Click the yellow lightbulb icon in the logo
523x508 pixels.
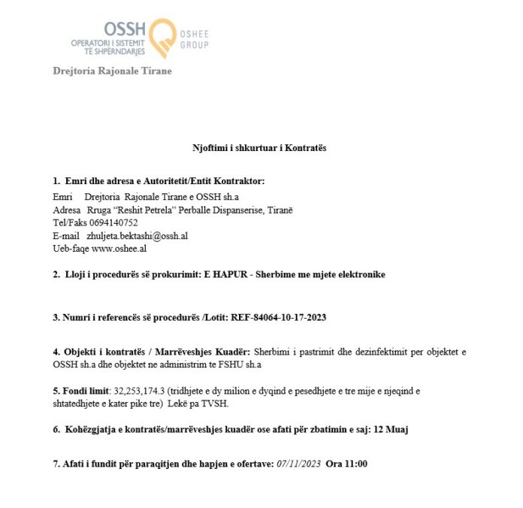162,38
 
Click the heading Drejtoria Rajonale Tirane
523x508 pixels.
112,71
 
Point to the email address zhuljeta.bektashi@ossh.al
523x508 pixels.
138,235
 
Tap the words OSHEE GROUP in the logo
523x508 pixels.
194,39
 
